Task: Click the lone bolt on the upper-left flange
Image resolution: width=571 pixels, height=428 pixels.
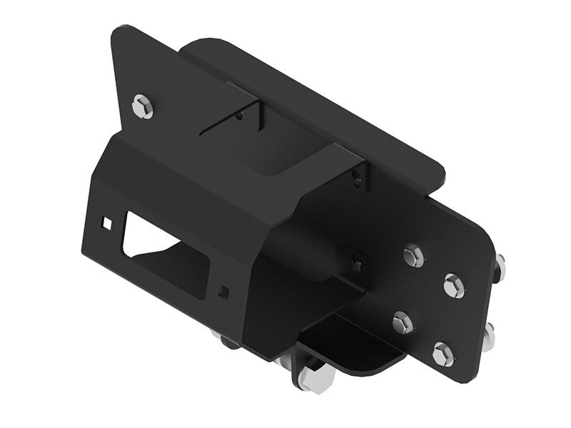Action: point(141,106)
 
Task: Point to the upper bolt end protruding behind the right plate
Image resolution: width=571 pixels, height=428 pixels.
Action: point(500,266)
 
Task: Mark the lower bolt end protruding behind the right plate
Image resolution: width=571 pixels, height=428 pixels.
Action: point(489,333)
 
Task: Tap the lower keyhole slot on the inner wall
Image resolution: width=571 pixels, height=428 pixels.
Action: point(355,260)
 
